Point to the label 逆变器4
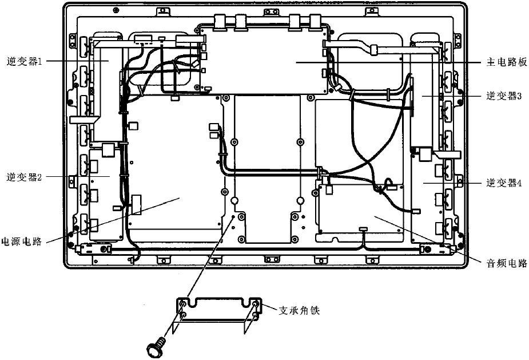tap(504, 183)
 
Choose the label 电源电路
tap(22, 241)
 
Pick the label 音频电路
tap(504, 264)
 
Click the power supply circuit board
tap(172, 172)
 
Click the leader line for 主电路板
tap(400, 61)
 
